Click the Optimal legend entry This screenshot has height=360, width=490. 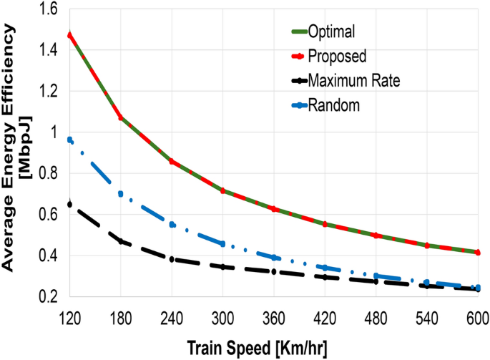330,31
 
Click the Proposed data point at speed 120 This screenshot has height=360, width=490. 69,35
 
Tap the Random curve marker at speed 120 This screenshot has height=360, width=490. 69,140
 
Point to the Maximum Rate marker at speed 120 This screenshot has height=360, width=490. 69,204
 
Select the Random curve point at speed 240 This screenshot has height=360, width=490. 172,225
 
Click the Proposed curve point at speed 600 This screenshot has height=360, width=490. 478,252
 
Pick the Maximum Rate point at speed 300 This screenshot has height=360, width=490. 222,267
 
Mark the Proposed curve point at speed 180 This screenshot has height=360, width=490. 120,117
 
